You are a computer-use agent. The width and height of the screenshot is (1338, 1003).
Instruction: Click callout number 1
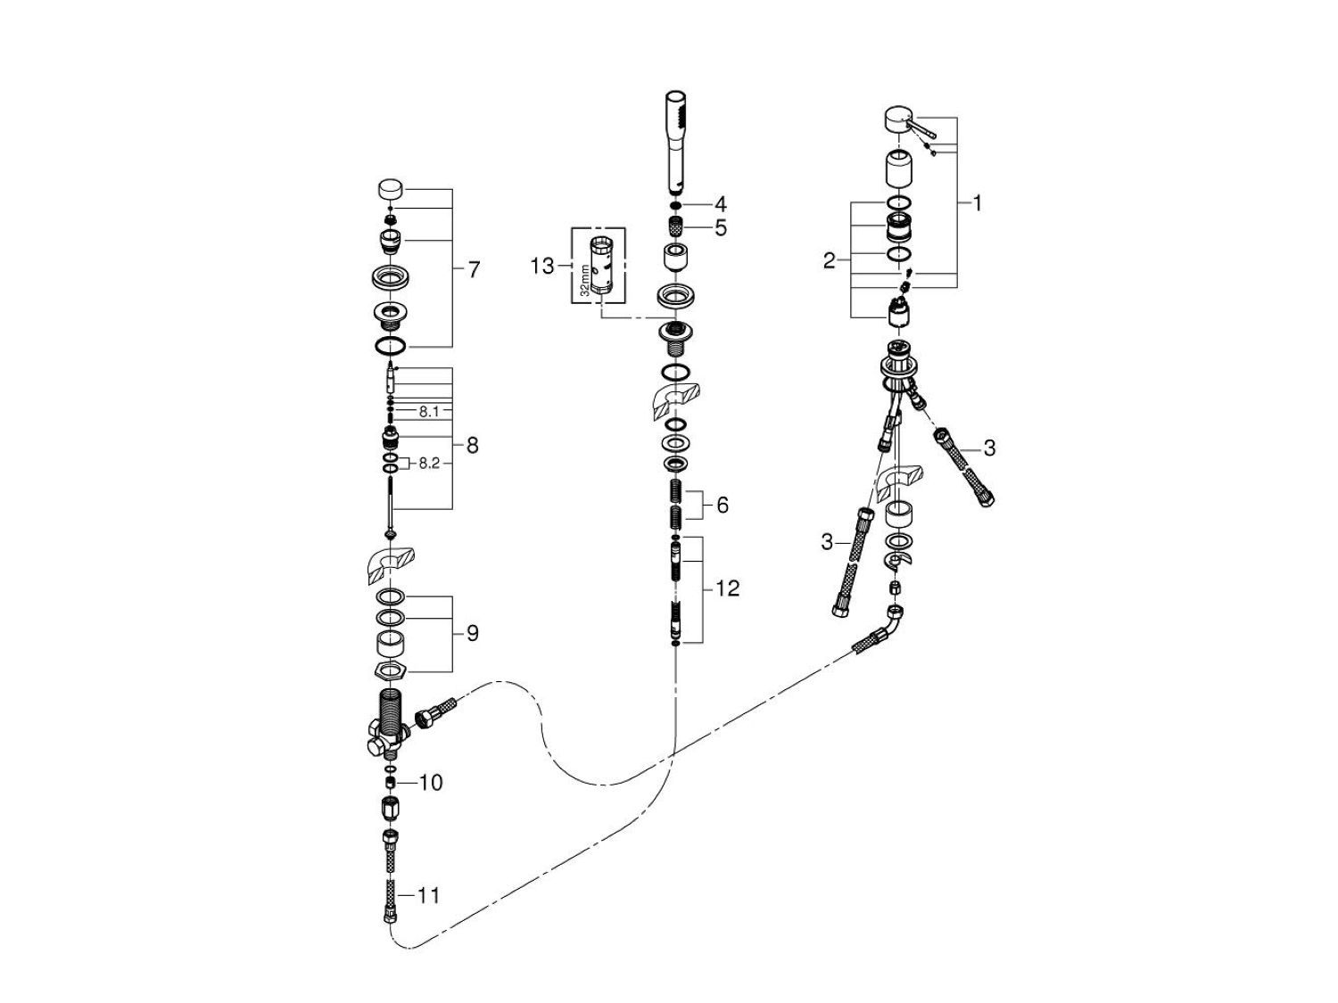tap(977, 203)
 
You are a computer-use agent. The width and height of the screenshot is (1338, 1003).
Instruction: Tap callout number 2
tap(830, 261)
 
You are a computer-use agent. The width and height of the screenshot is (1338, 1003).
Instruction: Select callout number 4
tap(720, 204)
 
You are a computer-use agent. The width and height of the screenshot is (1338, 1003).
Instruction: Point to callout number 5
tap(720, 228)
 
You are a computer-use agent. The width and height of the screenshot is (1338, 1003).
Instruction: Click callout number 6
tap(721, 506)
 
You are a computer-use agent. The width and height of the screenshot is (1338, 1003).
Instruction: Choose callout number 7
tap(473, 268)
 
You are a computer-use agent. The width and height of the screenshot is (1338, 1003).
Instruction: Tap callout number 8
tap(472, 445)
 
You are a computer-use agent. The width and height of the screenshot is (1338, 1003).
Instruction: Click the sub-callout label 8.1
tap(429, 412)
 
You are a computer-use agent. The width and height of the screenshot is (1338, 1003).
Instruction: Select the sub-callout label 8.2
tap(429, 464)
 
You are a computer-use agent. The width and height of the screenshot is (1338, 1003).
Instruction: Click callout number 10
tap(430, 783)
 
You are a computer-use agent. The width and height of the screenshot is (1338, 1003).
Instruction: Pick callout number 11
tap(429, 894)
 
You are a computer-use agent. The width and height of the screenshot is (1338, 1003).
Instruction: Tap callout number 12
tap(728, 589)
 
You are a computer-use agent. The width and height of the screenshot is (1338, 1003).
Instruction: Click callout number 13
tap(542, 266)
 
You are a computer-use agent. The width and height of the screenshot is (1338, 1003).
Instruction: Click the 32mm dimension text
tap(584, 277)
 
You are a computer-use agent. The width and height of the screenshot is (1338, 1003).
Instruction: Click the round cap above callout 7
tap(390, 190)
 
